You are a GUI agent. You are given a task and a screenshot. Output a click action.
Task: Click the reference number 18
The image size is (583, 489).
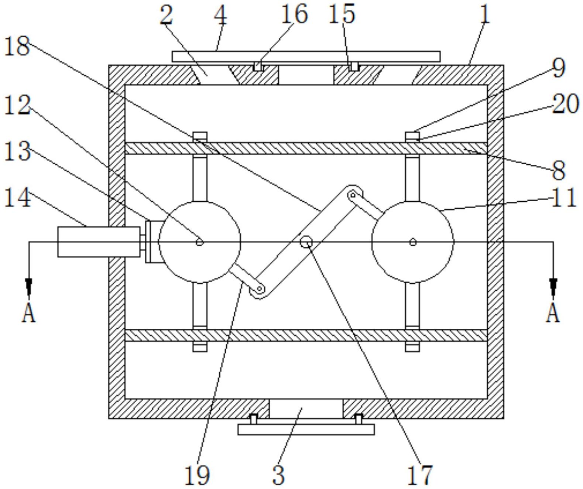17,47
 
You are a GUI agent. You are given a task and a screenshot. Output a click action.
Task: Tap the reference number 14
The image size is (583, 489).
17,198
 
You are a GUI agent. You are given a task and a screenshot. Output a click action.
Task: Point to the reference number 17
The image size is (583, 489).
420,475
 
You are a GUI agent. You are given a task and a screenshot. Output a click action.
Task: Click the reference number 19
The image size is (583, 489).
197,475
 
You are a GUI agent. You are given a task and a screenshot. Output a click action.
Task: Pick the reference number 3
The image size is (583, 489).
278,475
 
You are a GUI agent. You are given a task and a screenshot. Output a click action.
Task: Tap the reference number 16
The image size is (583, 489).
294,14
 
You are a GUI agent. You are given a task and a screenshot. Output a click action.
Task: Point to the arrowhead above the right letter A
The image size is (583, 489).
553,286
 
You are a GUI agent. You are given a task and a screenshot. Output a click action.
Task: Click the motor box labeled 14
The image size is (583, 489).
99,242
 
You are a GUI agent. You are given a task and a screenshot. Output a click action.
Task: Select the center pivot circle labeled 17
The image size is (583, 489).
306,242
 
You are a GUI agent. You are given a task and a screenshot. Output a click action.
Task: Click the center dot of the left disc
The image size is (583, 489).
199,242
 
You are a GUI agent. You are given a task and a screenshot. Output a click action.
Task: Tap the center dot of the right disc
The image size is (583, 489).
413,242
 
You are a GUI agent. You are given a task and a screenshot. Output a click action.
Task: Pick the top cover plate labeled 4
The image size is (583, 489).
306,57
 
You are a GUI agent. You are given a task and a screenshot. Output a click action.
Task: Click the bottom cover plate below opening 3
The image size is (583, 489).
306,429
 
